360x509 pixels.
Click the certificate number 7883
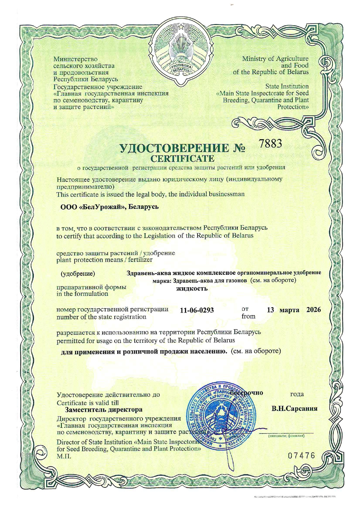coord(270,143)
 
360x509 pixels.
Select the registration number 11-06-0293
coord(197,310)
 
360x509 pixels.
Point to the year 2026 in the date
coord(314,310)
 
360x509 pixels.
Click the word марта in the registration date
coord(289,310)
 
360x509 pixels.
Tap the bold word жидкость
coord(192,288)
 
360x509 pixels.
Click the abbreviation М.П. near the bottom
coord(64,456)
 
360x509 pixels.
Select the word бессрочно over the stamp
coord(246,393)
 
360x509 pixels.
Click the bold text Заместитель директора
coord(104,409)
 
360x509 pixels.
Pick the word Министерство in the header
coord(75,59)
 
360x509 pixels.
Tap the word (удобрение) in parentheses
coord(78,273)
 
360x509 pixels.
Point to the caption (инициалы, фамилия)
coord(286,436)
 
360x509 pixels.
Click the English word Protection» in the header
coord(293,107)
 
